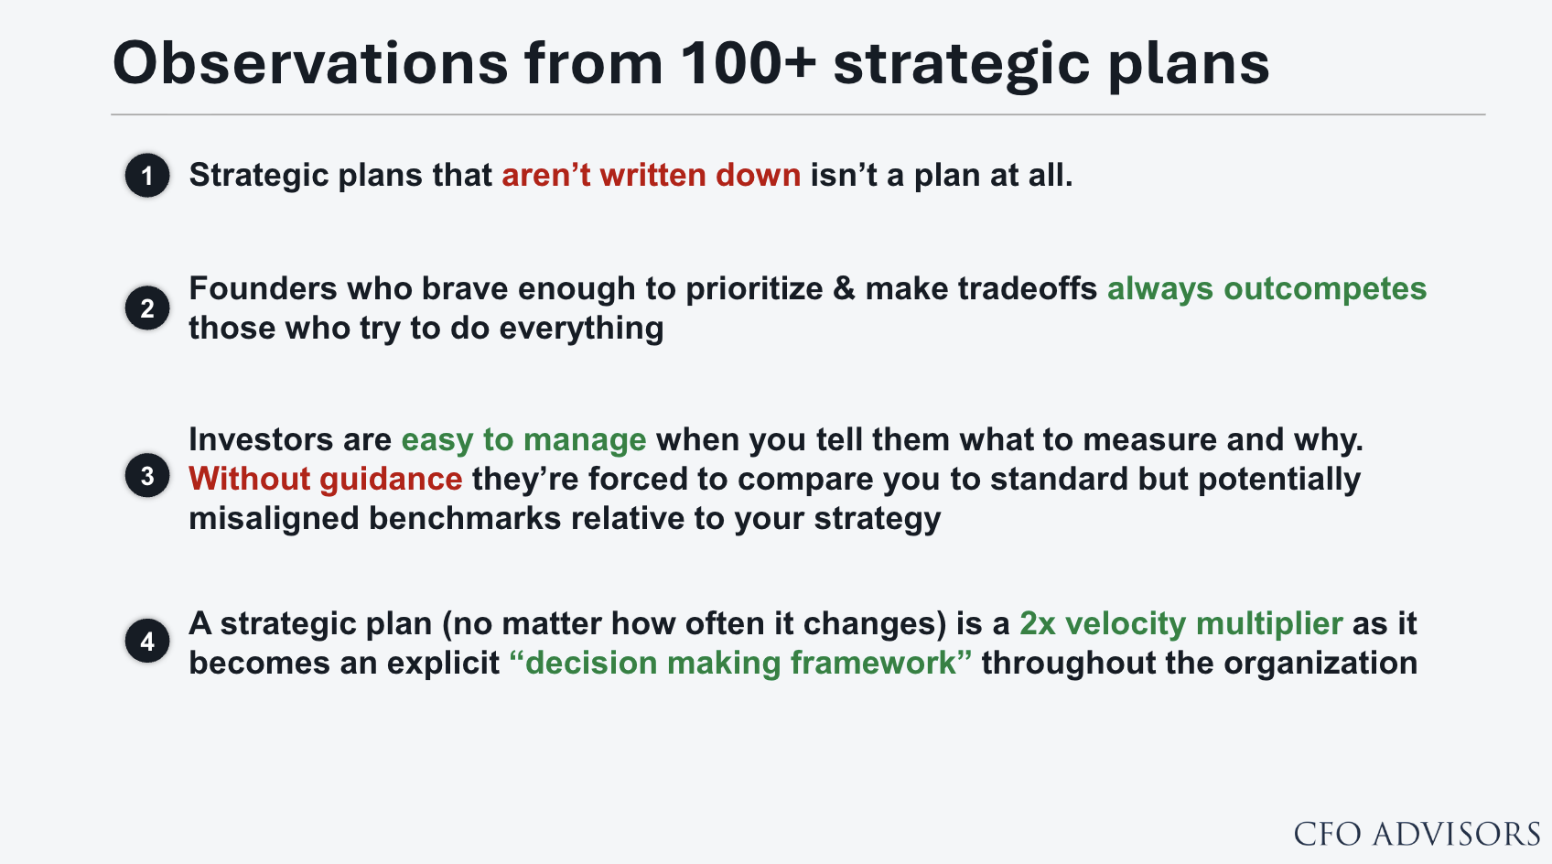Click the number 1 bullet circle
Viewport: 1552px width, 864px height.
pyautogui.click(x=147, y=176)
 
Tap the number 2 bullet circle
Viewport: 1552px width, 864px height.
pyautogui.click(x=147, y=308)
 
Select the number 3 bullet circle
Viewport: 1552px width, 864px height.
pyautogui.click(x=147, y=476)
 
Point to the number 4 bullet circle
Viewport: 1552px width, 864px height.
pyautogui.click(x=147, y=641)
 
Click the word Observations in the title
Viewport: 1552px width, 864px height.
pyautogui.click(x=310, y=63)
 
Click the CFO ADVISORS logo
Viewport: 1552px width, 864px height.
pyautogui.click(x=1417, y=834)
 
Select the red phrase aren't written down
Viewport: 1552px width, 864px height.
pyautogui.click(x=652, y=176)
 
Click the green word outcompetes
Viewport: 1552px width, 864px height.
pyautogui.click(x=1325, y=289)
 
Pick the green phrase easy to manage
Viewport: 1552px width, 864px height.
pyautogui.click(x=523, y=440)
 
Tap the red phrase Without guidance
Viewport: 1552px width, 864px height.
pyautogui.click(x=326, y=479)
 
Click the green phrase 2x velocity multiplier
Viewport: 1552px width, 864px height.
pyautogui.click(x=1180, y=624)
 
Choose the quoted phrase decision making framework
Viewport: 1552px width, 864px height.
pyautogui.click(x=740, y=663)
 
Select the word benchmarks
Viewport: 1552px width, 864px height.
pyautogui.click(x=464, y=518)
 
